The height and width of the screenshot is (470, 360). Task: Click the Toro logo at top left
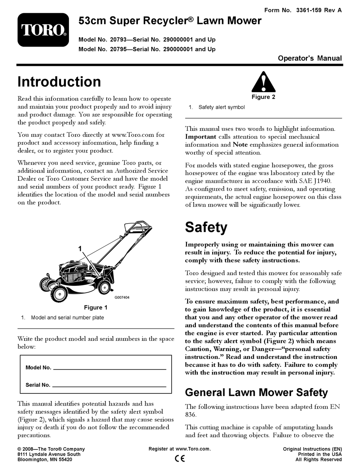point(43,30)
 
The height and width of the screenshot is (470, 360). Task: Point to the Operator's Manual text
point(310,58)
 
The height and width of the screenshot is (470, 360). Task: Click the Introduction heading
point(59,82)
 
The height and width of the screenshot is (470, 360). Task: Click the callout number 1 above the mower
point(80,249)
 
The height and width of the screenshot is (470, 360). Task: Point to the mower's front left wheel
point(59,292)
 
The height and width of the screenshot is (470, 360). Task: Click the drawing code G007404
point(122,298)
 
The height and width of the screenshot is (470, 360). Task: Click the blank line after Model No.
point(110,368)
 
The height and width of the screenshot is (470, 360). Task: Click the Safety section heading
point(206,227)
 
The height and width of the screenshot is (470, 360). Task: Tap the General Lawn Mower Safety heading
point(256,392)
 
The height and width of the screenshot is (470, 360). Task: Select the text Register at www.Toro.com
point(180,449)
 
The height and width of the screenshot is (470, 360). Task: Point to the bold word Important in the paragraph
point(200,137)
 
